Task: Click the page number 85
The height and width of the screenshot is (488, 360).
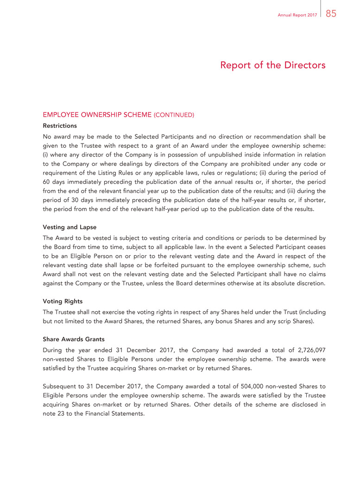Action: tap(331, 14)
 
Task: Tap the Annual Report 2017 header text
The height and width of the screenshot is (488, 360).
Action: tap(297, 15)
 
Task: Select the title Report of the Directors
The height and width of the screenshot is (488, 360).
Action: tap(273, 65)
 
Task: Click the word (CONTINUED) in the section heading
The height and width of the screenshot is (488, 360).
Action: tap(174, 114)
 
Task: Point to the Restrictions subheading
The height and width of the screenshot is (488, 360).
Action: tap(60, 125)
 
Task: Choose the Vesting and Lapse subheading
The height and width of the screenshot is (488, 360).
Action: tap(69, 227)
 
